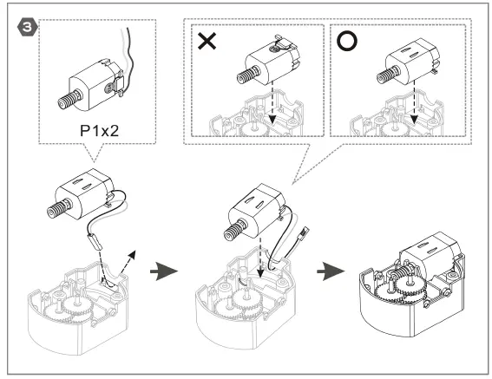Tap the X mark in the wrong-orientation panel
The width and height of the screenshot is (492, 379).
[x=207, y=42]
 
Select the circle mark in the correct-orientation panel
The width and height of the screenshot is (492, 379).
[x=346, y=42]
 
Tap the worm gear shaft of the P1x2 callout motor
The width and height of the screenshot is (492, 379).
[x=67, y=95]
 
